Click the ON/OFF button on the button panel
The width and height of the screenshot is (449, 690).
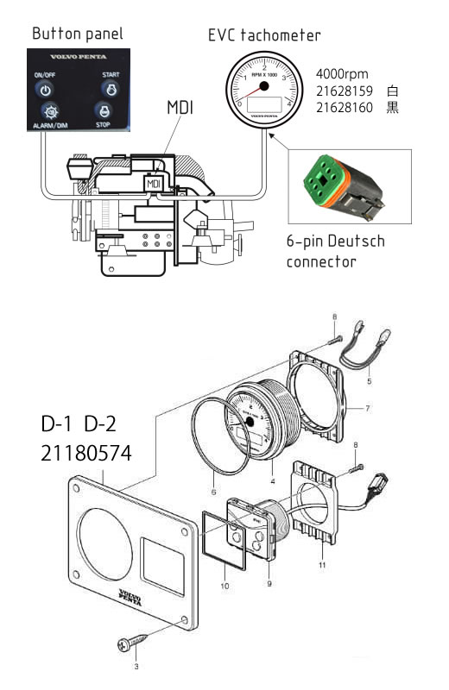point(48,87)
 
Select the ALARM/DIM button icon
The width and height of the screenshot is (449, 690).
point(49,112)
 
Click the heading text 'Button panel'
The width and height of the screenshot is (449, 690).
point(77,34)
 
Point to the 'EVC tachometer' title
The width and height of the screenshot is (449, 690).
point(264,35)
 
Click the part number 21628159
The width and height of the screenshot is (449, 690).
point(345,91)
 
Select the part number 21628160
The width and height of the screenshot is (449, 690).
point(345,108)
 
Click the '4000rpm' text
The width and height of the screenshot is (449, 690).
point(343,74)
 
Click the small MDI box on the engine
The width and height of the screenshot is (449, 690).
point(154,184)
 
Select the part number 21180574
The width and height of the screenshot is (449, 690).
point(86,452)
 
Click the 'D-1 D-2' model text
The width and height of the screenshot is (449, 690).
point(82,425)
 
